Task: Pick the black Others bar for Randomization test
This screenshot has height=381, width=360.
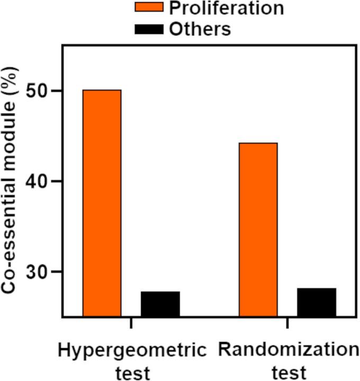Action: [x=316, y=302]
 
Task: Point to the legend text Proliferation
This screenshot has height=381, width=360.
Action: [x=226, y=8]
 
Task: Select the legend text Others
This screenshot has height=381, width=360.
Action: [x=200, y=29]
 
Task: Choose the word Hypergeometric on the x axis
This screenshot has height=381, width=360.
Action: [x=131, y=351]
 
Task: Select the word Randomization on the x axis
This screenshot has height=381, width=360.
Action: [x=288, y=351]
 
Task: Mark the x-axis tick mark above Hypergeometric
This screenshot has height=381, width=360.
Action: [x=131, y=323]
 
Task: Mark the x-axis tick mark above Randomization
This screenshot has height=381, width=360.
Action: [x=287, y=323]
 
